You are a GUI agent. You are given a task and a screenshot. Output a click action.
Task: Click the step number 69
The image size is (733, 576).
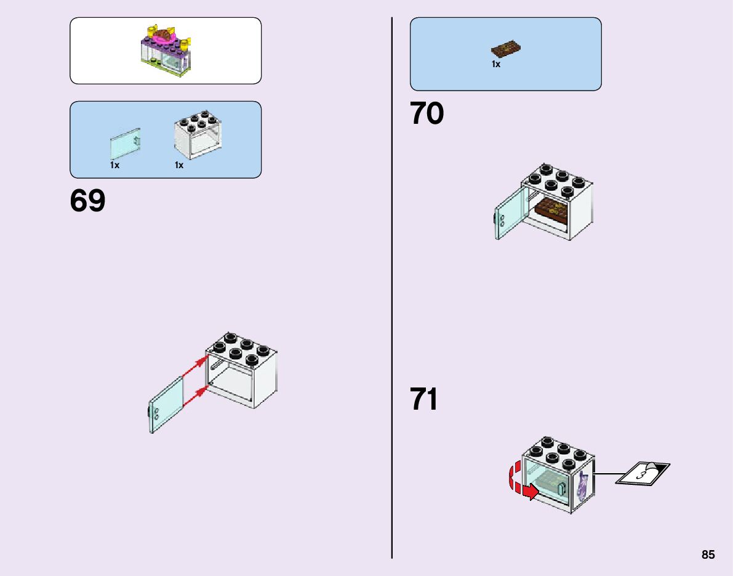88,201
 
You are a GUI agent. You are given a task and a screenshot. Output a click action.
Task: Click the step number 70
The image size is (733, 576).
427,114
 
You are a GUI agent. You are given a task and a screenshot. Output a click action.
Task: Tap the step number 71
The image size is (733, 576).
425,399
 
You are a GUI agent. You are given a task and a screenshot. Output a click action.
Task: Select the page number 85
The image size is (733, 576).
708,554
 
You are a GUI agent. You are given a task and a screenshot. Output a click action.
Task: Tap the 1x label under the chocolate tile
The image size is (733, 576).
496,64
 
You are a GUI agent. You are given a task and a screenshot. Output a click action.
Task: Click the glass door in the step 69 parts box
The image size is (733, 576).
126,145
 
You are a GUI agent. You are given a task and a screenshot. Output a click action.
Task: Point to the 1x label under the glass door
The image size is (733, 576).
114,165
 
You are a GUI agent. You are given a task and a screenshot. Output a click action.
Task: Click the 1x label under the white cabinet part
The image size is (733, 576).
179,165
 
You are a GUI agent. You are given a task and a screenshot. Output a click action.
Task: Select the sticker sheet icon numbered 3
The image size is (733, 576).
643,473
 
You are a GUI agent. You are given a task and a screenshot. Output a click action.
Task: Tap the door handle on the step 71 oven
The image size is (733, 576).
562,489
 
